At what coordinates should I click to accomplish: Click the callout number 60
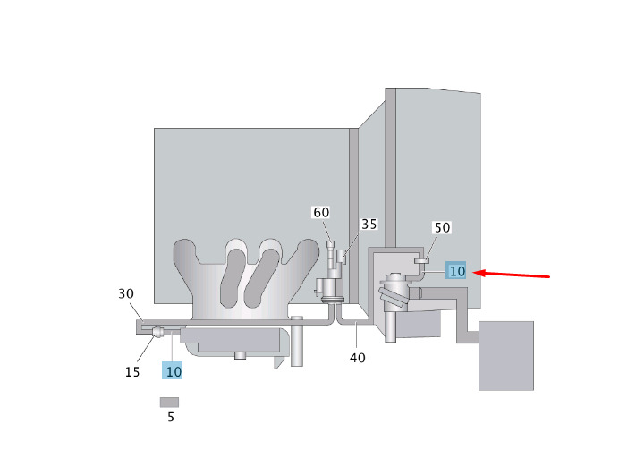pyautogui.click(x=321, y=212)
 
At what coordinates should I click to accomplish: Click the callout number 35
pyautogui.click(x=369, y=224)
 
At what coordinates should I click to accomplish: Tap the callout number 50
pyautogui.click(x=442, y=228)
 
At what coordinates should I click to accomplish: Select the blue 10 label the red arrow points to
pyautogui.click(x=456, y=271)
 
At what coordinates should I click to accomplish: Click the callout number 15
pyautogui.click(x=132, y=371)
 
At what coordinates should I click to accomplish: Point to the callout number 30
pyautogui.click(x=126, y=293)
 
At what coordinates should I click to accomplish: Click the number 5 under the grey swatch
pyautogui.click(x=170, y=417)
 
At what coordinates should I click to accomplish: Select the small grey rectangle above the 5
pyautogui.click(x=170, y=402)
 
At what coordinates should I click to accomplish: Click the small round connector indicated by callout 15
pyautogui.click(x=157, y=333)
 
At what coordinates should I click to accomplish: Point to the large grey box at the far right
pyautogui.click(x=505, y=355)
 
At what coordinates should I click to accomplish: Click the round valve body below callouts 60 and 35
pyautogui.click(x=326, y=288)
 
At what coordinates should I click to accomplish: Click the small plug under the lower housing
pyautogui.click(x=240, y=355)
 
